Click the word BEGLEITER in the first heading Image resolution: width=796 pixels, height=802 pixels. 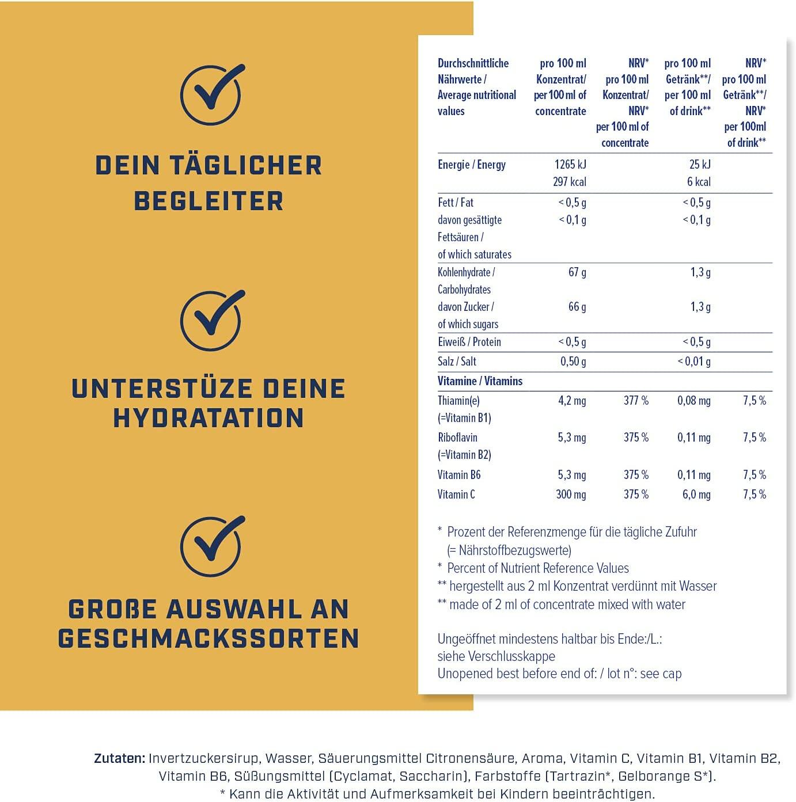[x=209, y=202]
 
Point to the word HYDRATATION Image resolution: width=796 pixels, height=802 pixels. [x=209, y=418]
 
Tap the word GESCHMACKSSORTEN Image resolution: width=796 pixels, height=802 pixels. [x=209, y=638]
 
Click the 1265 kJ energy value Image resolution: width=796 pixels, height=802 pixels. [x=570, y=165]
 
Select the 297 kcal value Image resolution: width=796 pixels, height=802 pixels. [x=570, y=182]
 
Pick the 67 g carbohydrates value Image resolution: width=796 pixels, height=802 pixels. [x=577, y=272]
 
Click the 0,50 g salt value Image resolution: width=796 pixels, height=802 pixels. [x=573, y=361]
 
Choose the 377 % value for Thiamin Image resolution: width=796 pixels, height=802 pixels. [x=636, y=400]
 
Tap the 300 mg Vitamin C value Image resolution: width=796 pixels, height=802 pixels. [x=571, y=495]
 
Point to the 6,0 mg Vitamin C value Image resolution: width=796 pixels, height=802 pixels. [x=696, y=495]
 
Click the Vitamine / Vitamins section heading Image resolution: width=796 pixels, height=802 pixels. [x=480, y=381]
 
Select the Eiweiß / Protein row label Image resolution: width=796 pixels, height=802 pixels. [x=469, y=341]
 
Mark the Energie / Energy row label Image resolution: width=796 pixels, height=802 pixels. [x=472, y=165]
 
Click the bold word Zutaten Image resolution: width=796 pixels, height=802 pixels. [x=120, y=758]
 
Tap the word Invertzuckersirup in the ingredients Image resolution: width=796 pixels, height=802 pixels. [x=203, y=758]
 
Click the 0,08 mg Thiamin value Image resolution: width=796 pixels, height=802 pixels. [x=694, y=400]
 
